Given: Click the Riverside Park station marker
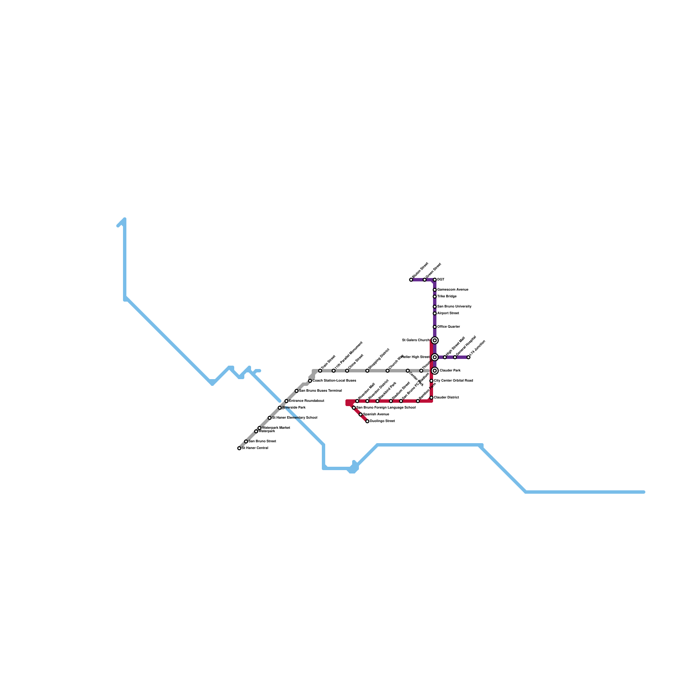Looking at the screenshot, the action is tap(280, 408).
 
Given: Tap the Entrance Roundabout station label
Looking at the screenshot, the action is tap(306, 401).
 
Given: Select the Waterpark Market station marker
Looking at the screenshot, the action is tap(259, 428).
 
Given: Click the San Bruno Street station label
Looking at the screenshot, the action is tap(262, 441).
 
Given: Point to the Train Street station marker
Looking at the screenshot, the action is tap(320, 371).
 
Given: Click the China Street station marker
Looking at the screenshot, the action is tap(347, 371).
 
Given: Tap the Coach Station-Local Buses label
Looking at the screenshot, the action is tap(334, 380).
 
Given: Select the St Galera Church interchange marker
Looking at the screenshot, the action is tap(435, 340).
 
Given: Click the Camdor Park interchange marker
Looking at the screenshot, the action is tap(435, 371).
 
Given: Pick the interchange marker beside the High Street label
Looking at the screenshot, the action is tap(435, 357).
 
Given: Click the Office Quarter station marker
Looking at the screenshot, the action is tap(435, 327).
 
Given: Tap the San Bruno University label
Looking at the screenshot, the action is tap(454, 306).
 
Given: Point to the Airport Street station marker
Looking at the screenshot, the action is tap(435, 313).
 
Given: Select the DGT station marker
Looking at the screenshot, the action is tap(435, 280).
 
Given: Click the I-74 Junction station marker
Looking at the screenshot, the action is tap(468, 357).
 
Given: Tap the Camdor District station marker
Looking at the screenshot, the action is tap(431, 398).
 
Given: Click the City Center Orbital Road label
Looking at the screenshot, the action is tap(453, 380).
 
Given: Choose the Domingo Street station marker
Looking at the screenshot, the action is tap(367, 421).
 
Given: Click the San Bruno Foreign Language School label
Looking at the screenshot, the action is tap(386, 407).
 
